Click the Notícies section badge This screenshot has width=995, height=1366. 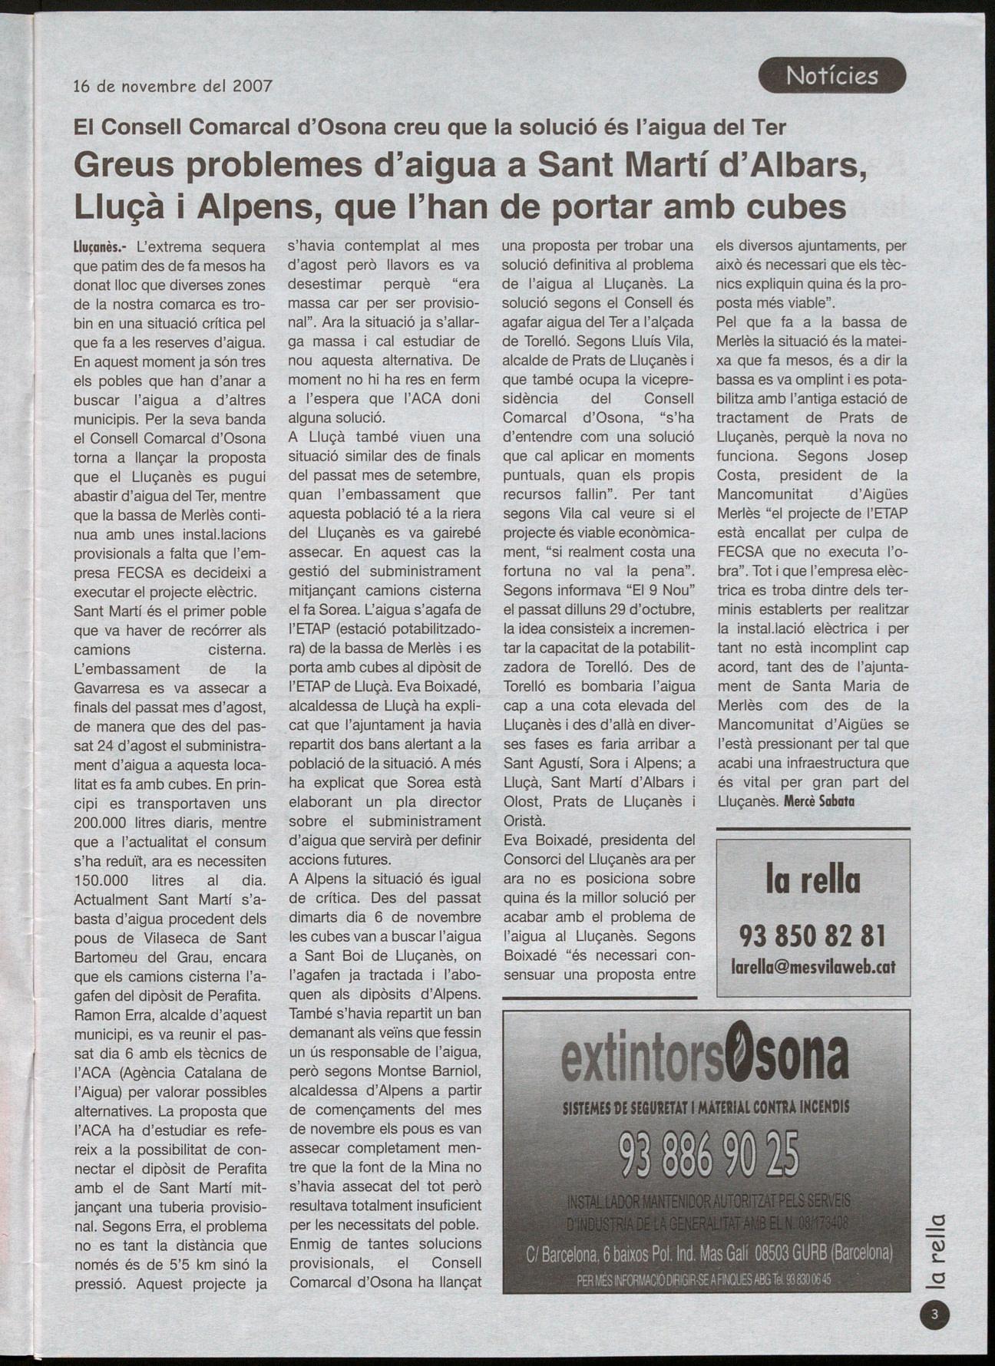tap(831, 75)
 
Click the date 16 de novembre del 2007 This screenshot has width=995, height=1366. tap(173, 85)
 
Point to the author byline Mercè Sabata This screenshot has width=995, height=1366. tap(818, 801)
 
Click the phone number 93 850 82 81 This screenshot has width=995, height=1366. tap(812, 935)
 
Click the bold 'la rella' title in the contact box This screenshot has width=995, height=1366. tap(812, 880)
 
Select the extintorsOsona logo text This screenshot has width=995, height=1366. tap(705, 1058)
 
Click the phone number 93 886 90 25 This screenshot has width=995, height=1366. tap(707, 1153)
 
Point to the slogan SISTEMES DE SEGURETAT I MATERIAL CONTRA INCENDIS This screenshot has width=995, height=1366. tap(706, 1108)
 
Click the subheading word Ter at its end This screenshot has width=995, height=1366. tap(769, 127)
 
